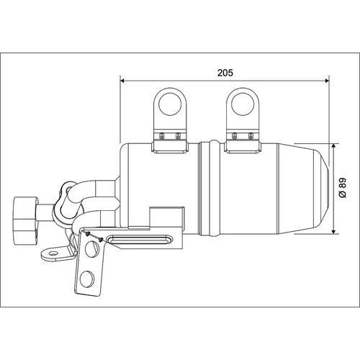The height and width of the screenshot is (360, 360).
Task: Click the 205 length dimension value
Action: [225, 73]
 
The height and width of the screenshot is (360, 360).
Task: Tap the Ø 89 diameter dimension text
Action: [343, 188]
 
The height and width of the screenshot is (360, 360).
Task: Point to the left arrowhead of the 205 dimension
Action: [122, 81]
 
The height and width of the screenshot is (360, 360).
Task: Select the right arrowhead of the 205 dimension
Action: [327, 81]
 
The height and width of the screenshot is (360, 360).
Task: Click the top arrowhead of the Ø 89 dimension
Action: [333, 146]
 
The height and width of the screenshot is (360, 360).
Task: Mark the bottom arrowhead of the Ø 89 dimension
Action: [333, 231]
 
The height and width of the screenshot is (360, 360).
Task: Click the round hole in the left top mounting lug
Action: [170, 104]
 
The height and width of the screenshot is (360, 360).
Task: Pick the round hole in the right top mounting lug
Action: [243, 104]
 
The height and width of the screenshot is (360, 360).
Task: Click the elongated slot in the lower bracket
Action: [140, 239]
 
